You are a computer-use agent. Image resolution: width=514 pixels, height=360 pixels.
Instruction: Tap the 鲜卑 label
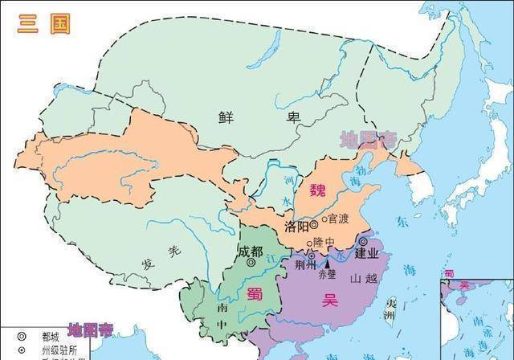pyautogui.click(x=259, y=117)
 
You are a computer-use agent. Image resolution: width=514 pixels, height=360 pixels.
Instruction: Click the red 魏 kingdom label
pyautogui.click(x=318, y=191)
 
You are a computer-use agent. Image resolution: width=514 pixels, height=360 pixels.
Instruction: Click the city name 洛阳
pyautogui.click(x=296, y=227)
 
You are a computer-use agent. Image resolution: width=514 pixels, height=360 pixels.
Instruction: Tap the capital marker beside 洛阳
pyautogui.click(x=314, y=226)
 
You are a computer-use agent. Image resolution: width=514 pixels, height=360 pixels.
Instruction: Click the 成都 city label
pyautogui.click(x=251, y=250)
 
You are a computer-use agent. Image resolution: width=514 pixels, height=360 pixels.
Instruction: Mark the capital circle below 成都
pyautogui.click(x=251, y=262)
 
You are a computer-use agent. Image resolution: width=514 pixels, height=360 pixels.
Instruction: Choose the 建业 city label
pyautogui.click(x=366, y=253)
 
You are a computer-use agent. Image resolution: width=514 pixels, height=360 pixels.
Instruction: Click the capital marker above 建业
pyautogui.click(x=363, y=241)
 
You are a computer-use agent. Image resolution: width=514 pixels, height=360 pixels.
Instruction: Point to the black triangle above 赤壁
pyautogui.click(x=327, y=263)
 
